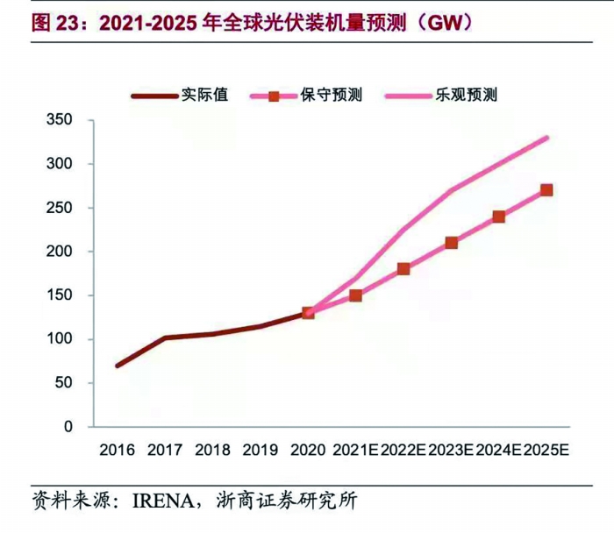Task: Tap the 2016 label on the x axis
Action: point(117,451)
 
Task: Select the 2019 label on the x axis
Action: point(260,451)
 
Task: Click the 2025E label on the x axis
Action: point(546,451)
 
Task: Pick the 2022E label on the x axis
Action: point(403,451)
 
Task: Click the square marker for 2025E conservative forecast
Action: point(546,190)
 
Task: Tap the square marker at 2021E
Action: point(355,295)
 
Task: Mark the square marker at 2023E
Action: point(451,243)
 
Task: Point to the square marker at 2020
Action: point(308,313)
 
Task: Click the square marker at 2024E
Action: point(498,217)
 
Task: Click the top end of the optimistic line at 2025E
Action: point(547,138)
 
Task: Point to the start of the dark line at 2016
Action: point(117,366)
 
